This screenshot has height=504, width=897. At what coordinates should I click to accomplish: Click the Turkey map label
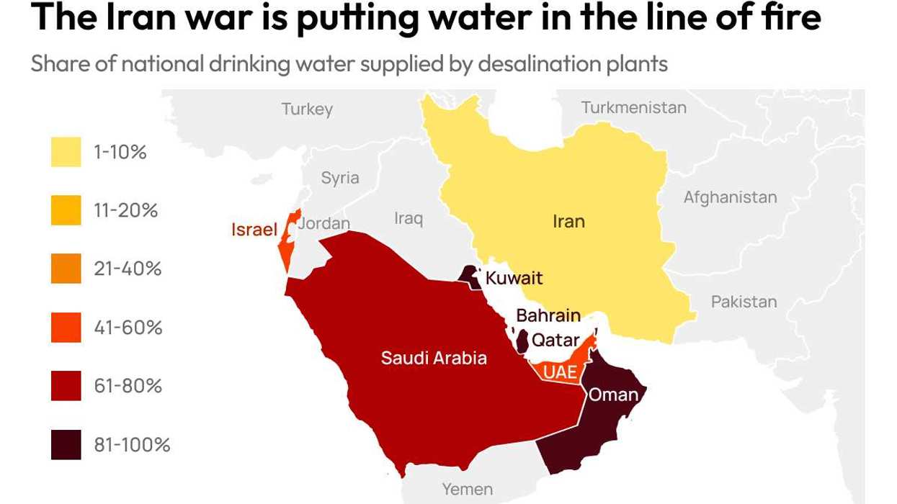click(x=307, y=109)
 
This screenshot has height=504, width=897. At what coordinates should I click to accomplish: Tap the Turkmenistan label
click(x=633, y=108)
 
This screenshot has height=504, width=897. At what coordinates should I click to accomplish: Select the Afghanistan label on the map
click(x=730, y=197)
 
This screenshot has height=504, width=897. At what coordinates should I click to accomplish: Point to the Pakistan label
click(x=744, y=302)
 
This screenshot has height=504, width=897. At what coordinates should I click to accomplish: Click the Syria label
click(x=339, y=178)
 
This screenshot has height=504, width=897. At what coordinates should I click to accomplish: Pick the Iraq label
click(x=409, y=217)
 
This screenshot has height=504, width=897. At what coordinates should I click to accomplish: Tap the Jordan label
click(x=324, y=223)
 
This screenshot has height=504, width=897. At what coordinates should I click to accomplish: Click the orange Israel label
click(x=254, y=230)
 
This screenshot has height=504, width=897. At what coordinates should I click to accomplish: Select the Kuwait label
click(x=514, y=278)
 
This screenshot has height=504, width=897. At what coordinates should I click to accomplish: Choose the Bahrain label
click(x=548, y=315)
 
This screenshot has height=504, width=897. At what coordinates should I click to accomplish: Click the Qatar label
click(x=555, y=340)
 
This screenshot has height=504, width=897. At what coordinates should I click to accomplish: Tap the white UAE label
click(x=560, y=372)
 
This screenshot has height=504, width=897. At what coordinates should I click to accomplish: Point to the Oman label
click(x=613, y=395)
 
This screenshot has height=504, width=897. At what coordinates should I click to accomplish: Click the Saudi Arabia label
click(x=434, y=358)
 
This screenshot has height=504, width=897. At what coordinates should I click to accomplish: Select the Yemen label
click(x=467, y=490)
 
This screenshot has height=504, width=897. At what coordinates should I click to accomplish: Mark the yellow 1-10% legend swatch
click(x=66, y=152)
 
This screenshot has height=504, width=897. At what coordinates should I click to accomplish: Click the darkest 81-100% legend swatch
click(x=66, y=444)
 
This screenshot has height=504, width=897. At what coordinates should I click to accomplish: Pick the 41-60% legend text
click(x=128, y=328)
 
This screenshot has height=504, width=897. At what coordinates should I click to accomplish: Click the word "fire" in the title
click(x=790, y=18)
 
